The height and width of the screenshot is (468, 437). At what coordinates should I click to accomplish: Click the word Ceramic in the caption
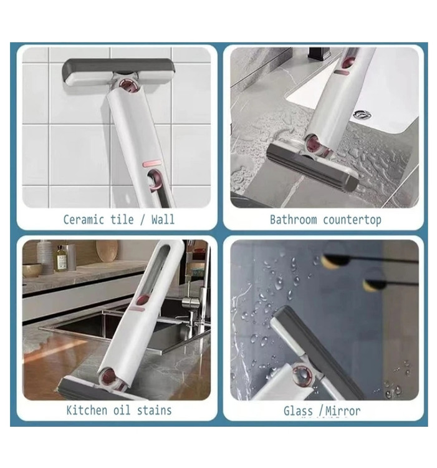click(84, 220)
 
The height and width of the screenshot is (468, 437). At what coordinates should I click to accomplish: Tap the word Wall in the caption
click(163, 220)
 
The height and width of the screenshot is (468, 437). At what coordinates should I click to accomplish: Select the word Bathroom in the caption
click(294, 220)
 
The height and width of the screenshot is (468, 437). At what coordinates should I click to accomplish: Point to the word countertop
click(352, 220)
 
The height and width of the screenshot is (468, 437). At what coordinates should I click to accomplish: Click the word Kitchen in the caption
click(87, 410)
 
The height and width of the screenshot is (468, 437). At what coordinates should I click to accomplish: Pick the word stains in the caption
click(154, 411)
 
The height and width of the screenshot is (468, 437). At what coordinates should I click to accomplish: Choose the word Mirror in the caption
click(343, 411)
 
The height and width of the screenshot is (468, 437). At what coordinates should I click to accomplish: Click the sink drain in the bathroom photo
click(362, 114)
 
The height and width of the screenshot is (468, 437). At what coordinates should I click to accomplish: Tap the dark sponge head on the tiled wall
click(118, 72)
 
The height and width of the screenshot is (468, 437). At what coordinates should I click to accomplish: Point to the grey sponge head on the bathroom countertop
click(312, 167)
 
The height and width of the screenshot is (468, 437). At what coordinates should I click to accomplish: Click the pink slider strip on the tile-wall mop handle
click(151, 163)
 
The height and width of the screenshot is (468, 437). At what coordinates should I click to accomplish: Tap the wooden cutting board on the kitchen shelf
click(107, 251)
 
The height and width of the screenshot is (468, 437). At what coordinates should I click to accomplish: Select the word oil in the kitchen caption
click(122, 410)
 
